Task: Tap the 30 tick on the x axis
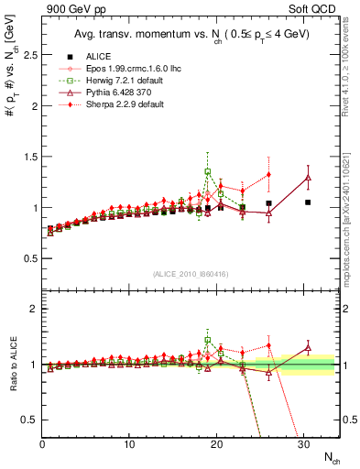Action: click(302, 443)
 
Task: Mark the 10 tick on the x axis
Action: click(129, 443)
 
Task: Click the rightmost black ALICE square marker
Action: click(308, 202)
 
